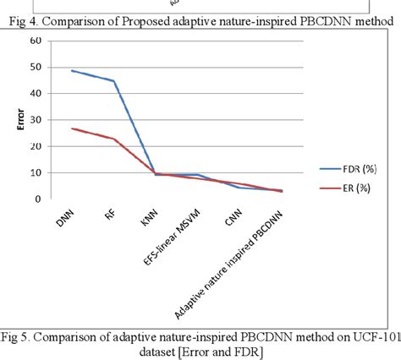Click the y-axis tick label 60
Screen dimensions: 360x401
(35, 41)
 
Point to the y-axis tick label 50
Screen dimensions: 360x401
(35, 68)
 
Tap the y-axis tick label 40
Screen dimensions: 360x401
(35, 94)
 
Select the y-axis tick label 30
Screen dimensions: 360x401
(35, 120)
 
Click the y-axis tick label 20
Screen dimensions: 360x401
(35, 146)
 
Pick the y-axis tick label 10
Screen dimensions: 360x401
(35, 173)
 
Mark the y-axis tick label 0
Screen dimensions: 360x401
(37, 199)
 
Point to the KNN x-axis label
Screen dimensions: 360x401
(150, 218)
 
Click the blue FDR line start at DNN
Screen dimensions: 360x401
(72, 71)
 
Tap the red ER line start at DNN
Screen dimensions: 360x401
(72, 128)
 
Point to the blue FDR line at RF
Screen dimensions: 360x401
(114, 81)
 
